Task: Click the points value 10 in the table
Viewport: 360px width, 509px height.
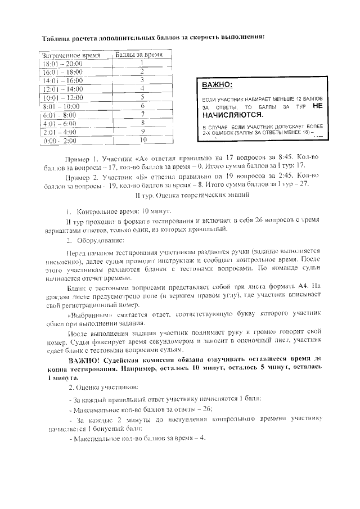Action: pos(143,139)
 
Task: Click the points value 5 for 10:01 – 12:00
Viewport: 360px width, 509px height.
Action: pos(143,97)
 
